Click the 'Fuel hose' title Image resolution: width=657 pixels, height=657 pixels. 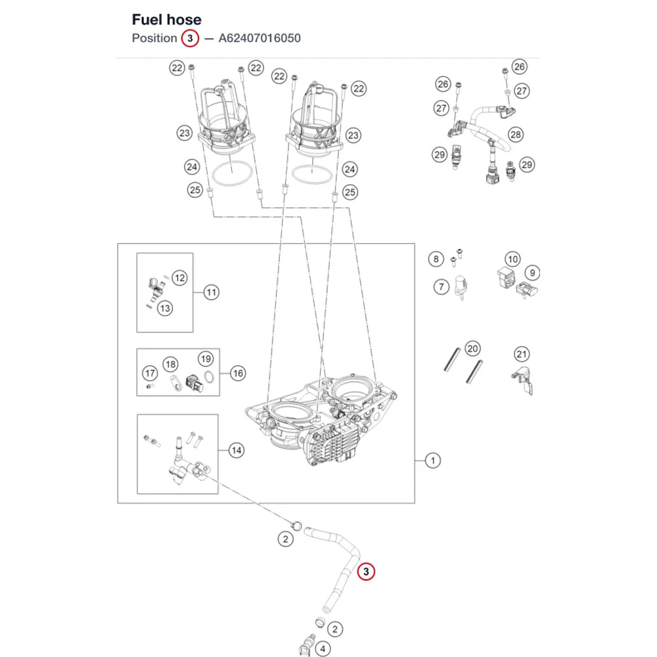(166, 20)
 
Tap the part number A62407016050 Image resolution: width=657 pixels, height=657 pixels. (260, 38)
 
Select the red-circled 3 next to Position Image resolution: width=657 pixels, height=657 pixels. (190, 39)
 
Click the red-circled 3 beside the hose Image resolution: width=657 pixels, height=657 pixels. (366, 571)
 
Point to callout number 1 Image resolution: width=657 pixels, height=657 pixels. (432, 461)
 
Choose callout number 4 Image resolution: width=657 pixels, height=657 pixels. (322, 648)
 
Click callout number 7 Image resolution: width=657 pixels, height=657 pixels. (441, 287)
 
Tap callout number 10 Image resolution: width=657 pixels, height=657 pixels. (512, 259)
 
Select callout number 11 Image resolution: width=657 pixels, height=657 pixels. (211, 292)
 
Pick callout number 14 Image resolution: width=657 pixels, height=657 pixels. (237, 451)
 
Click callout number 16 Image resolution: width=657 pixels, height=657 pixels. (238, 373)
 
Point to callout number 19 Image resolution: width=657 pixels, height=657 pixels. (206, 359)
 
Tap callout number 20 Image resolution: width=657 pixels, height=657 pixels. (472, 348)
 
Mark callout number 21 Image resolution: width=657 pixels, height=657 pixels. (521, 354)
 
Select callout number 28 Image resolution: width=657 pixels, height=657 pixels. (515, 135)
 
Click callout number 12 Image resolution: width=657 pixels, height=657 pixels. (179, 278)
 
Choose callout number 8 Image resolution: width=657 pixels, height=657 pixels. (436, 259)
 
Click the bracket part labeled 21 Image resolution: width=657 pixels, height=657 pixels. (522, 380)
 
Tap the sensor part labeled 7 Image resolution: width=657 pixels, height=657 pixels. (461, 287)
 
